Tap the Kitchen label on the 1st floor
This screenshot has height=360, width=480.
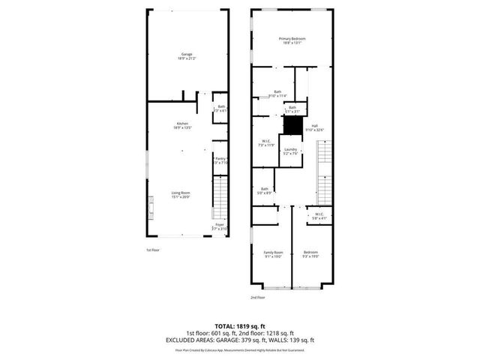[x=182, y=125]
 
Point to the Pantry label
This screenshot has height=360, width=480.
[x=220, y=160]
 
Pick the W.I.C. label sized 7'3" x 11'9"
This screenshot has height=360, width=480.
[x=266, y=142]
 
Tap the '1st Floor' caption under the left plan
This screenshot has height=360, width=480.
[x=154, y=250]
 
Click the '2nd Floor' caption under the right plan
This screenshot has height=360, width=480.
[x=258, y=298]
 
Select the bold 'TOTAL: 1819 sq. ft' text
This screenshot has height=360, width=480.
[x=239, y=326]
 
